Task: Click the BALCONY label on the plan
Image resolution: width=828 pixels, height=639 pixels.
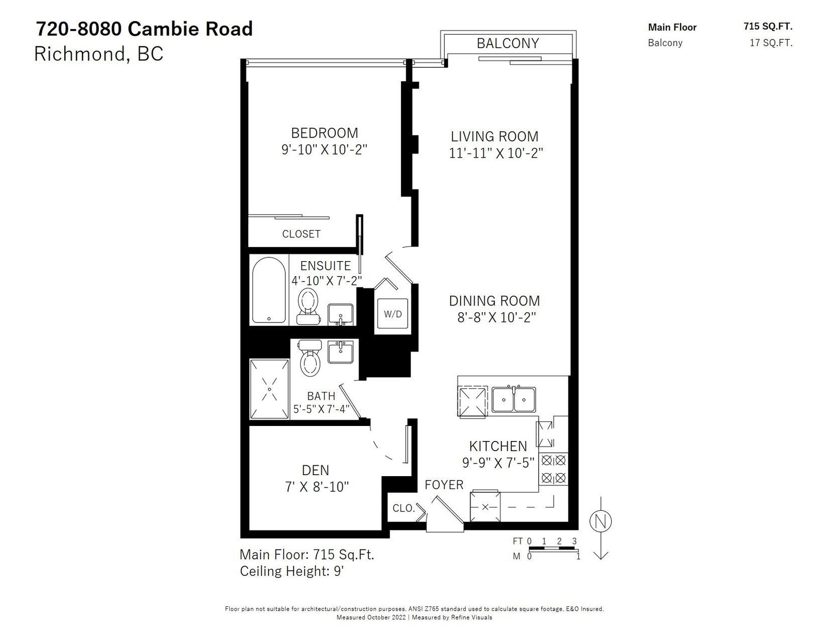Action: [x=508, y=43]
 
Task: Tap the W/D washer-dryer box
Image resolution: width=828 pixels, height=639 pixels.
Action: [x=392, y=314]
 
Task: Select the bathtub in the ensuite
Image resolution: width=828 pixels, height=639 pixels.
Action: [x=269, y=290]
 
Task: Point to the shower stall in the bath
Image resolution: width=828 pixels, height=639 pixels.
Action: [x=269, y=389]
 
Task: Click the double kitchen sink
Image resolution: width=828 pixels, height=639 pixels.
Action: [x=514, y=399]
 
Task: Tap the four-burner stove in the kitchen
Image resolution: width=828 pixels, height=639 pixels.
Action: [x=553, y=469]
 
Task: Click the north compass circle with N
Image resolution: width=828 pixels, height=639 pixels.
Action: [x=600, y=522]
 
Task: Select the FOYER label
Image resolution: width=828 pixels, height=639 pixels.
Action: [x=444, y=485]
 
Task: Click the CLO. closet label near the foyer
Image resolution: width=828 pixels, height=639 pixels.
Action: [x=404, y=508]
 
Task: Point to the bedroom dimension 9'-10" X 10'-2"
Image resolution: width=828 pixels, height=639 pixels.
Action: [x=324, y=149]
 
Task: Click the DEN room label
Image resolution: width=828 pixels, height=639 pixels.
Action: [x=315, y=470]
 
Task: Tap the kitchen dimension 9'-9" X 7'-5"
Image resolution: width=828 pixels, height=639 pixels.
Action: [x=498, y=462]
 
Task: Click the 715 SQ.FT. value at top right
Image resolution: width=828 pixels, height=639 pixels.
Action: [x=768, y=26]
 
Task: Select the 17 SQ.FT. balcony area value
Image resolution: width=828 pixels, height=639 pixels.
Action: [x=771, y=42]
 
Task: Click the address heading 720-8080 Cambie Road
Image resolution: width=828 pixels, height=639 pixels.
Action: [x=144, y=29]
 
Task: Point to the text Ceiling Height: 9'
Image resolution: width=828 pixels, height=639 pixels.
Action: [x=292, y=571]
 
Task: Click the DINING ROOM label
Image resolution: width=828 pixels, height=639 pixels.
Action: [x=494, y=301]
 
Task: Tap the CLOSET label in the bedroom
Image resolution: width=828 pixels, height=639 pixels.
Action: [x=301, y=234]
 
